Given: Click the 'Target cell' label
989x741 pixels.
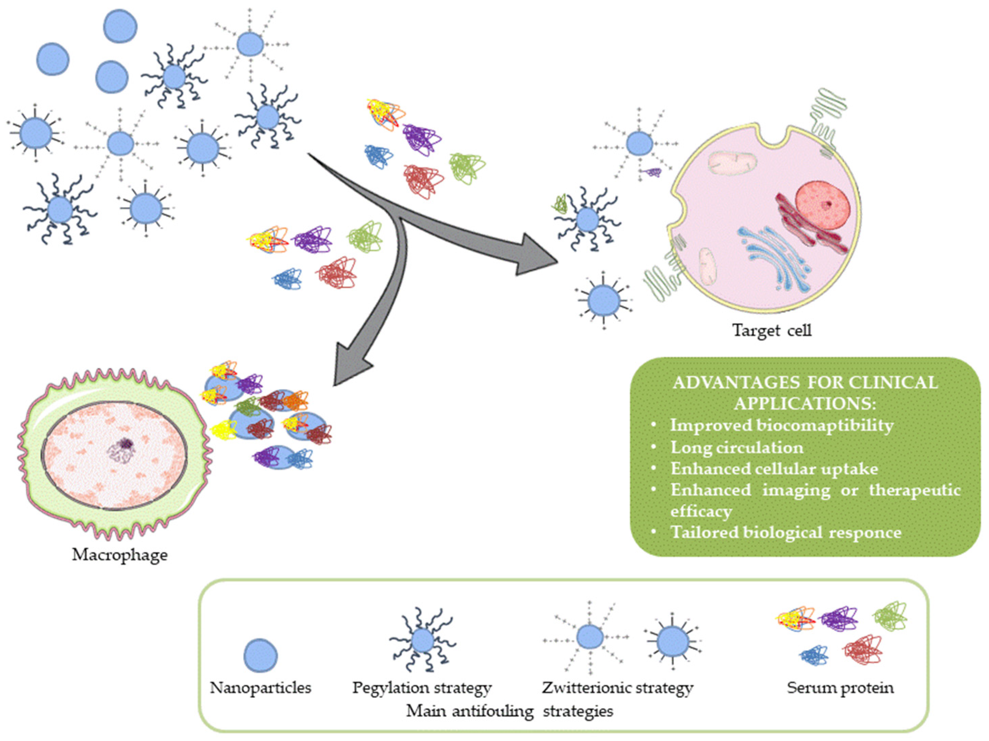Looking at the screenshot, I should coord(772,330).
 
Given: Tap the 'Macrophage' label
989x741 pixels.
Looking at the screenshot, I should coord(120,555).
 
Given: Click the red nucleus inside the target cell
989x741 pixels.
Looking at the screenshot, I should coord(823,205).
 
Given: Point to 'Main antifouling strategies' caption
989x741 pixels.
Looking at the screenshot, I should coord(510,711).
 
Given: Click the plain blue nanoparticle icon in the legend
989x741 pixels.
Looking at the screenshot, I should coord(261,656).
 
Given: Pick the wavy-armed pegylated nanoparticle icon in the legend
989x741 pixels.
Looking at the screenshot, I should coord(422,640).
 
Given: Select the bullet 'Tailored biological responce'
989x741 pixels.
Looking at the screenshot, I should coord(786,532).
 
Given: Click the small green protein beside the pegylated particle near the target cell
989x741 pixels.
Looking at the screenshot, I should coord(559,204).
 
